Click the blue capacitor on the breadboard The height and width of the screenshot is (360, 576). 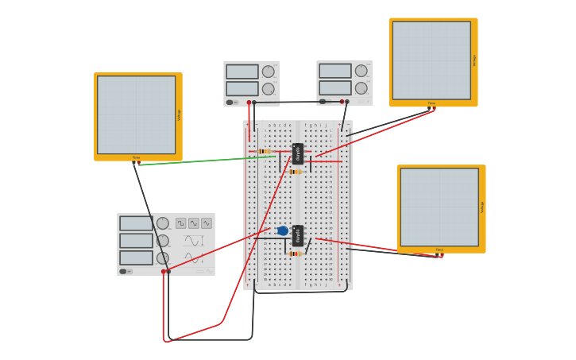click(x=283, y=230)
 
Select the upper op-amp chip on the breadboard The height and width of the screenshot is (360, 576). click(x=298, y=153)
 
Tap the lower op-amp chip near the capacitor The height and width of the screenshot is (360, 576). click(x=298, y=235)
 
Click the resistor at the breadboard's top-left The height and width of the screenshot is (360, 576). click(x=265, y=151)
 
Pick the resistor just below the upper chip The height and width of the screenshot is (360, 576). click(x=295, y=172)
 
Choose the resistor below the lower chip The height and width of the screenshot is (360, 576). click(x=295, y=254)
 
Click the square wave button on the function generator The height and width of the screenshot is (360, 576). click(x=181, y=223)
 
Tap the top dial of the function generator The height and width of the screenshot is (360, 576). click(x=163, y=223)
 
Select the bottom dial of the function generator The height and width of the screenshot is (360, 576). click(x=163, y=257)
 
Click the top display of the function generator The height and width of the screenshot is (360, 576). click(x=136, y=223)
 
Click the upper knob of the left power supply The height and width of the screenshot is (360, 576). click(x=269, y=72)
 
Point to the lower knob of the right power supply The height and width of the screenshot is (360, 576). click(x=361, y=88)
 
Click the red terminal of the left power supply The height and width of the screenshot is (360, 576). click(x=249, y=103)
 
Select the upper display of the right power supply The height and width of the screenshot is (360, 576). click(x=335, y=71)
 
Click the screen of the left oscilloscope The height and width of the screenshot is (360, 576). click(x=136, y=114)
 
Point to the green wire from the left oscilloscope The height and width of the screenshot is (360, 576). click(x=207, y=161)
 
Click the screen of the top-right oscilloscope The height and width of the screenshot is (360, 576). click(x=431, y=60)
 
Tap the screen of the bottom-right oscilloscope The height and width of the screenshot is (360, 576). click(x=439, y=207)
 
